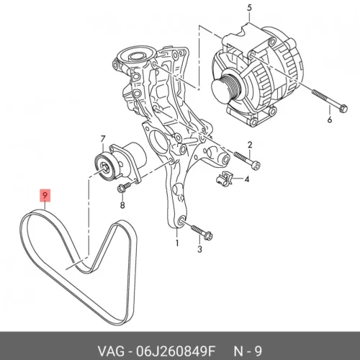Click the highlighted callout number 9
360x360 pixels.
(45, 196)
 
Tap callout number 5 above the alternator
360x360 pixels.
(249, 7)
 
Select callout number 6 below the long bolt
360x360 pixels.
(330, 120)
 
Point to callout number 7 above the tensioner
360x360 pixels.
(103, 139)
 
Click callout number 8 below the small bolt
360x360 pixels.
(122, 205)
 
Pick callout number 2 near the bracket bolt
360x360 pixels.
(250, 145)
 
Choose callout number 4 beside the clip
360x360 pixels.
(246, 179)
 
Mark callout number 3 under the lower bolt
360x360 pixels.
(199, 249)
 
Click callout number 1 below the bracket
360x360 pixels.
(177, 243)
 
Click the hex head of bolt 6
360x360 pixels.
(343, 109)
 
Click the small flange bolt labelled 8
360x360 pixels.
(125, 187)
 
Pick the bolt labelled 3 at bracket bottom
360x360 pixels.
(202, 232)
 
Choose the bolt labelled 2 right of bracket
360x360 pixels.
(247, 161)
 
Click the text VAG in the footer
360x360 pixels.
(111, 352)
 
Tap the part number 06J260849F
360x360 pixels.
(176, 352)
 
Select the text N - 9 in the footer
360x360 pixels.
(248, 352)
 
